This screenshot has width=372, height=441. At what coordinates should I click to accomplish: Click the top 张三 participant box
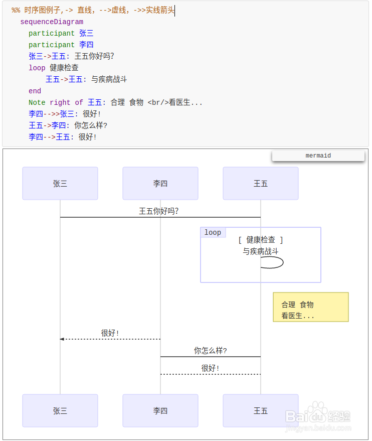click(60, 184)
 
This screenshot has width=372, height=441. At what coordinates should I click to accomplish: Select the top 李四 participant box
click(160, 184)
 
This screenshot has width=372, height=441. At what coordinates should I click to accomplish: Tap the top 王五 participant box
click(261, 184)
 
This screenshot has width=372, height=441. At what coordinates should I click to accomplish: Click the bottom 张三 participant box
click(60, 411)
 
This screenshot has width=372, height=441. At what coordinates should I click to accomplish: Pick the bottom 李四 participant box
click(160, 411)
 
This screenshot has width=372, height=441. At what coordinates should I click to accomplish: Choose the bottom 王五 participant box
click(261, 411)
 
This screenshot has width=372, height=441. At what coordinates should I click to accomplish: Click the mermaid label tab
click(318, 156)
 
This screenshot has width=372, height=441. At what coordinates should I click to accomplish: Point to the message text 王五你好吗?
click(158, 211)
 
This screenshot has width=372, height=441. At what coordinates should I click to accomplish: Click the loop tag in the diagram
click(213, 232)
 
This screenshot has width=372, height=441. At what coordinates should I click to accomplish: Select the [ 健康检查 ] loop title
click(261, 240)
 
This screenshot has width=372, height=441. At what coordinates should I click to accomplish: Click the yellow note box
click(311, 307)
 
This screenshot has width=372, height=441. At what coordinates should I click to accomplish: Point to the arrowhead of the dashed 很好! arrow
click(62, 339)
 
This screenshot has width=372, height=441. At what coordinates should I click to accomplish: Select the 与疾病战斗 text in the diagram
click(261, 251)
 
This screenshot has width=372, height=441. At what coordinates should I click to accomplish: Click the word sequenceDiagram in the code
click(52, 22)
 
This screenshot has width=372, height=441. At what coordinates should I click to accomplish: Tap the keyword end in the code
click(35, 91)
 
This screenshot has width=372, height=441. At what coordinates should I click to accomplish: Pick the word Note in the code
click(37, 102)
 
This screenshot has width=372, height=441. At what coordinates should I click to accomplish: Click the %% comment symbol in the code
click(16, 11)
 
